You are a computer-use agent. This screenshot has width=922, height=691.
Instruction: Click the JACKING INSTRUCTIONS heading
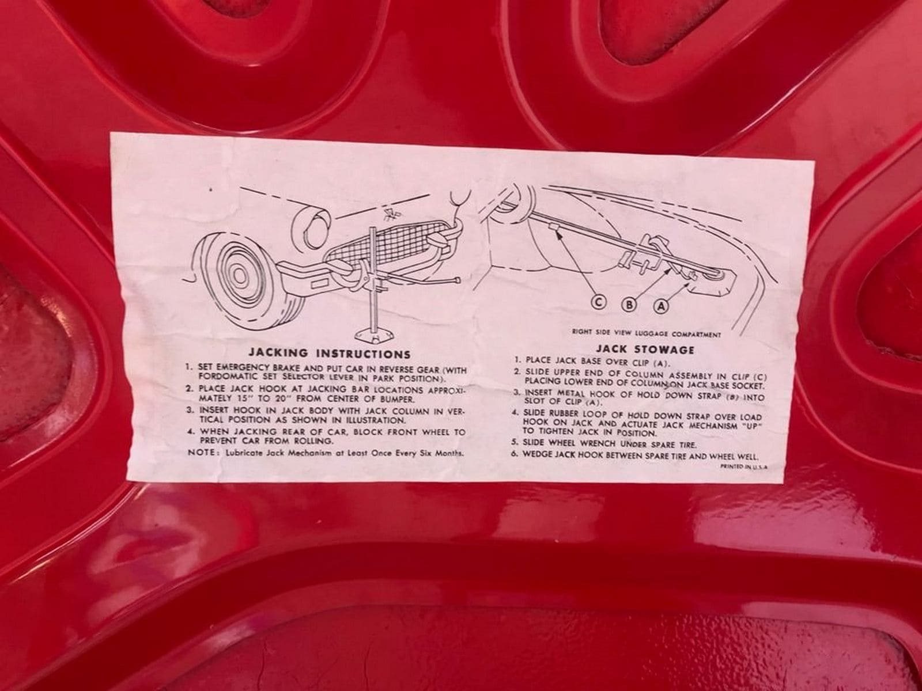coord(329,354)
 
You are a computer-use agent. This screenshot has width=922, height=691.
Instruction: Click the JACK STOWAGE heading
coord(645,349)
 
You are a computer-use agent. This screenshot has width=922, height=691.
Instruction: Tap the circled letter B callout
coord(629,305)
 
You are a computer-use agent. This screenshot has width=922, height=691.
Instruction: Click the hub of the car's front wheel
coord(239,276)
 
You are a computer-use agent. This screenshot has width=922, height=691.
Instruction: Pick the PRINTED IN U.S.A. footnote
coord(743,466)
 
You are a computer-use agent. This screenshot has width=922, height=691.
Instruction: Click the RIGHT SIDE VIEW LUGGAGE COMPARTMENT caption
coord(647,334)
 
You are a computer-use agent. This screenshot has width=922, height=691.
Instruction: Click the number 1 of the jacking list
coord(190,366)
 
